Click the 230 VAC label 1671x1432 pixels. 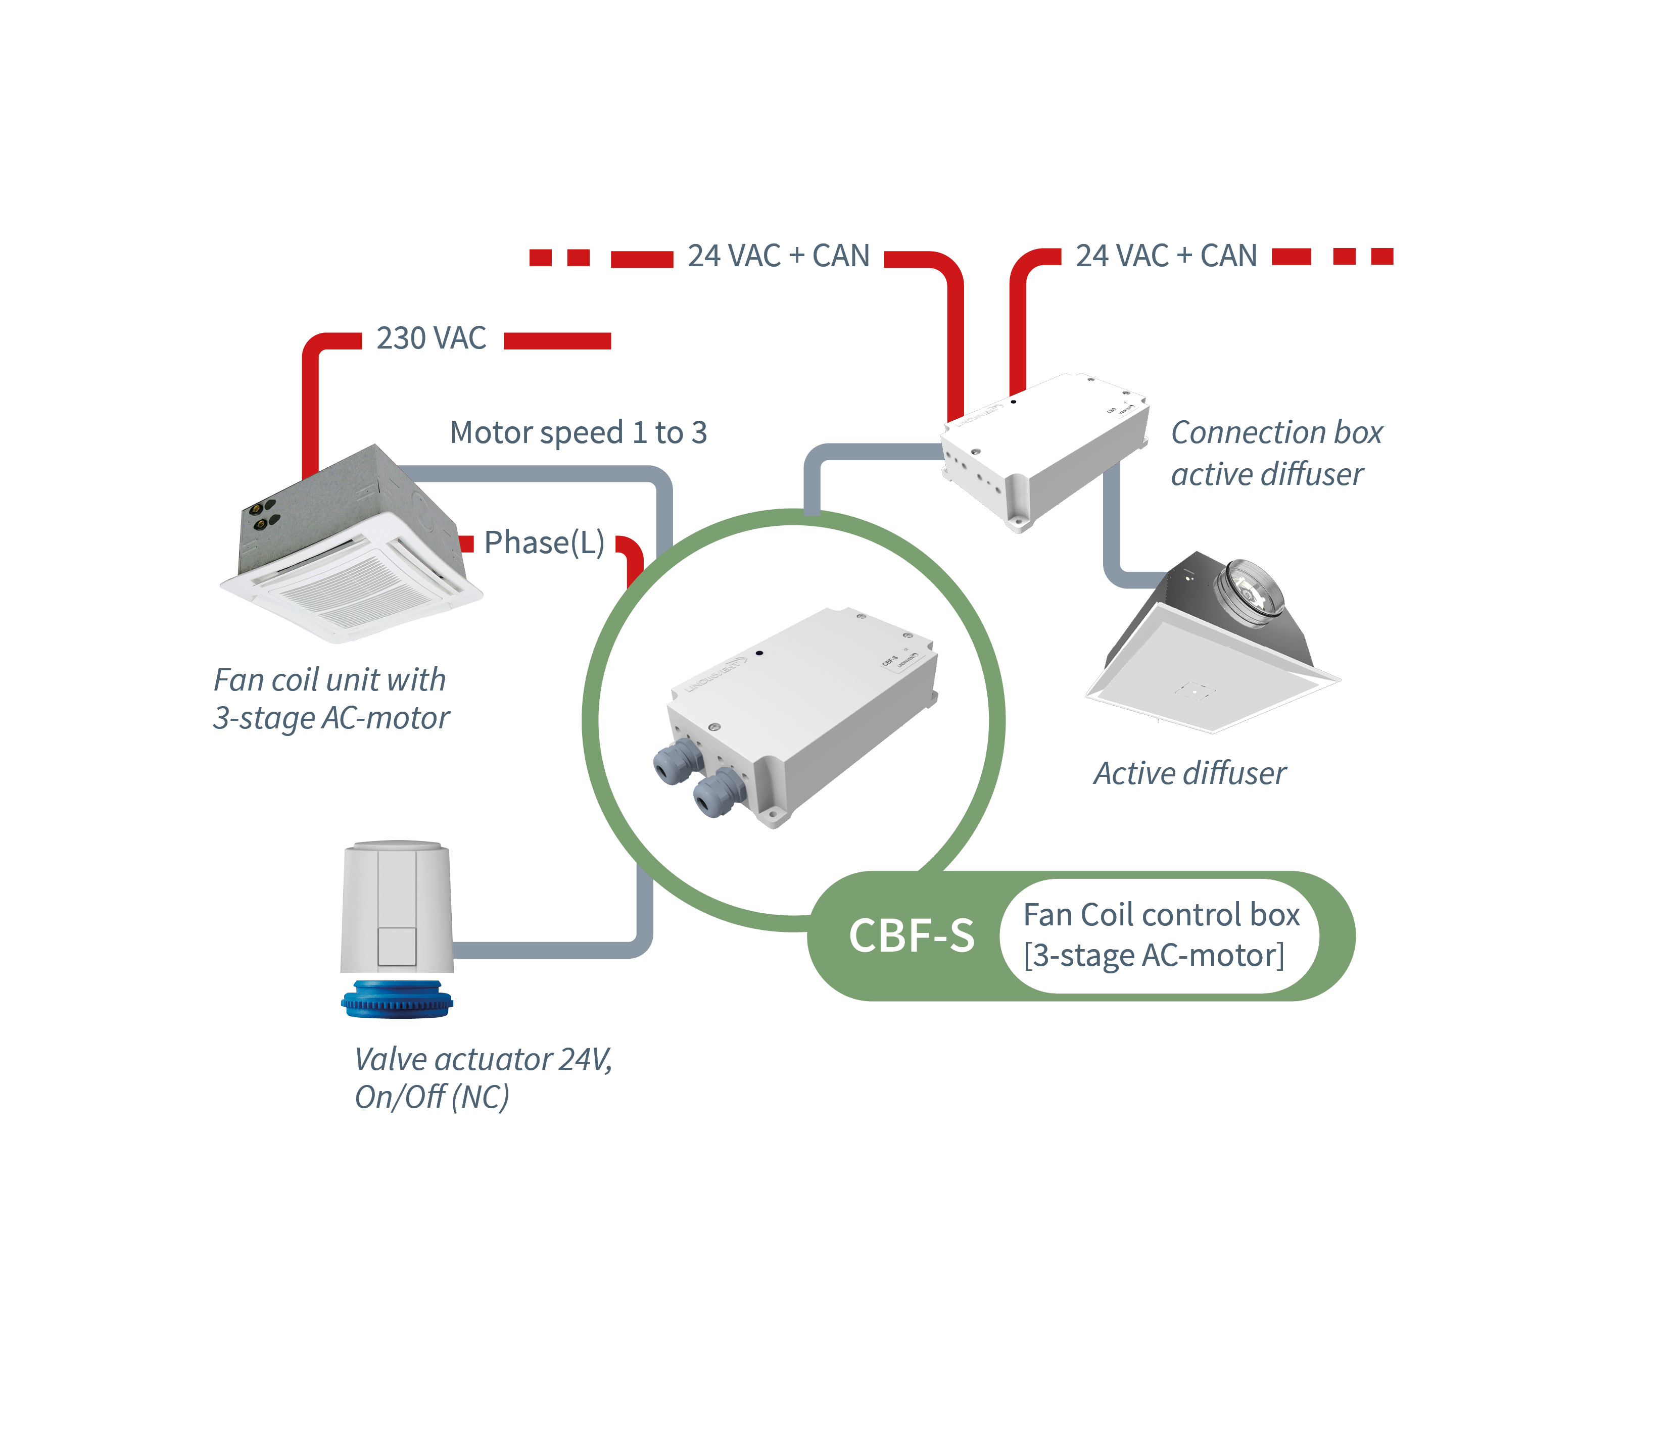432,338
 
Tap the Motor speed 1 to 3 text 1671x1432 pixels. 578,433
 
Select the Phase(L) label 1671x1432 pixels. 544,542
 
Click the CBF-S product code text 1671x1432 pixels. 912,936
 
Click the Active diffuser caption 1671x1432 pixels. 1189,773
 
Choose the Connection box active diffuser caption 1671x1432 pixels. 1276,453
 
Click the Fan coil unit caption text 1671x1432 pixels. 330,698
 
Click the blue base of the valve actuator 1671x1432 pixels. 397,1000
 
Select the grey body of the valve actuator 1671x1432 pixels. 397,907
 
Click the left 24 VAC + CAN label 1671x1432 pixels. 778,257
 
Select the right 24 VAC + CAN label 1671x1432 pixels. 1166,257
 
